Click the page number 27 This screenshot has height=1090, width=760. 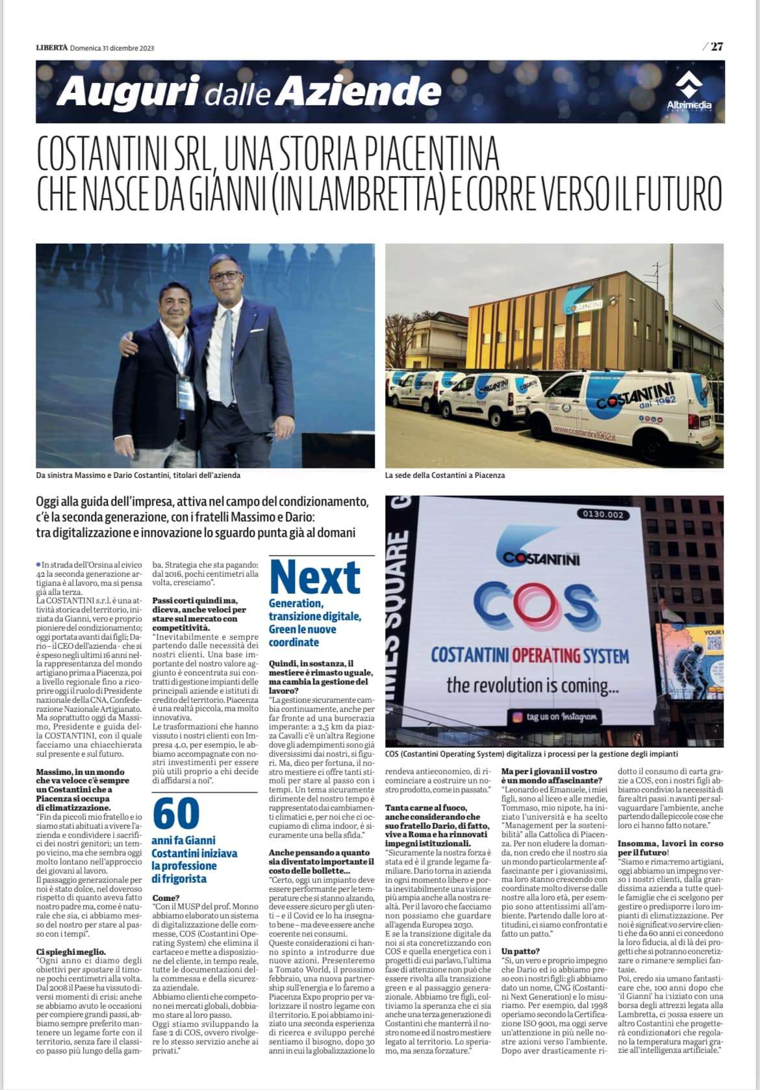click(716, 46)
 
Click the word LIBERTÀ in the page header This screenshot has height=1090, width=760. click(51, 47)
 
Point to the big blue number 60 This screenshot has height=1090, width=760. click(176, 813)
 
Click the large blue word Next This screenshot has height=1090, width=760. click(315, 577)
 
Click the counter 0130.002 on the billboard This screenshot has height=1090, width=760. click(603, 514)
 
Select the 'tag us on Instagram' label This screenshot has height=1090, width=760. click(555, 717)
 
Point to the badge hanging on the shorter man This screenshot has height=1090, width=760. click(184, 392)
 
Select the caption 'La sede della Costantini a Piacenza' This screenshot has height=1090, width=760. click(444, 475)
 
